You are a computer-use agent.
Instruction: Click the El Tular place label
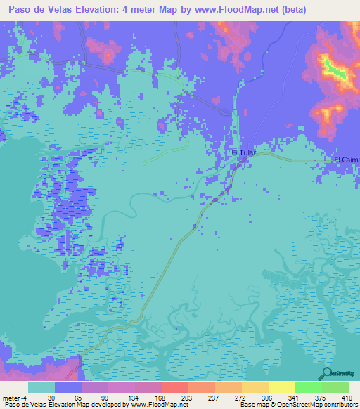(x=243, y=152)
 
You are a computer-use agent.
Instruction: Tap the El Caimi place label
(x=347, y=160)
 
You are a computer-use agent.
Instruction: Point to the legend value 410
(x=345, y=397)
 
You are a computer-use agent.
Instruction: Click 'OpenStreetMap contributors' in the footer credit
(x=312, y=405)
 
